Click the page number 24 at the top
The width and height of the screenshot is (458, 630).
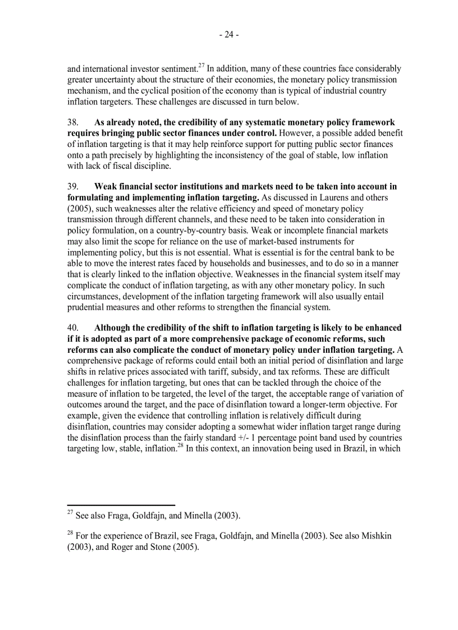tap(229, 35)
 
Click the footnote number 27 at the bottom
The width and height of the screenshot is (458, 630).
tap(70, 513)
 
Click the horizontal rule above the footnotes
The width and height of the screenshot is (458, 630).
tap(121, 505)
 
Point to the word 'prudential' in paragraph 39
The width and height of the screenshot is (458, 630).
tap(88, 307)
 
